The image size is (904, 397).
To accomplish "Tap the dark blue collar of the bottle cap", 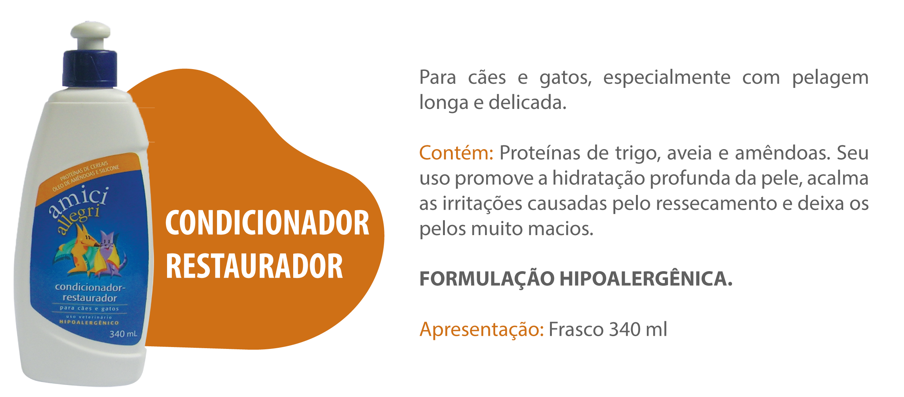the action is click(90, 69).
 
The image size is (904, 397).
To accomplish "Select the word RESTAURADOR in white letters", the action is click(254, 266).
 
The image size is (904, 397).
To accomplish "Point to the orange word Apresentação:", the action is click(482, 329).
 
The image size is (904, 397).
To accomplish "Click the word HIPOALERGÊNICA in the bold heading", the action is click(646, 279).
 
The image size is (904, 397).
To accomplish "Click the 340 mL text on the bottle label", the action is click(123, 334).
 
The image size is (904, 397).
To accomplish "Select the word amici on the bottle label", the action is click(79, 201).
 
